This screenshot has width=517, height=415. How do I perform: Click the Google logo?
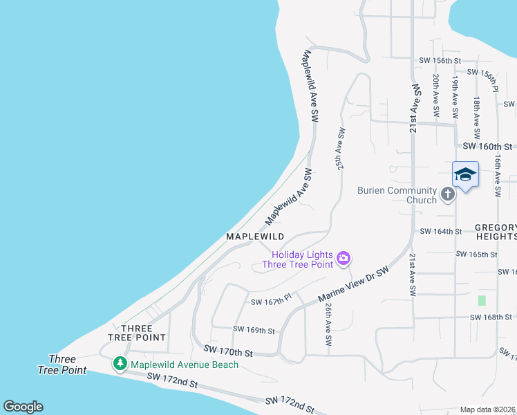click(x=23, y=407)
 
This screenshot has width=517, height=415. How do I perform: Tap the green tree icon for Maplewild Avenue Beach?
click(x=120, y=363)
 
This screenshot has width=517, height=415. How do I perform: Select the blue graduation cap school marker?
click(x=465, y=175)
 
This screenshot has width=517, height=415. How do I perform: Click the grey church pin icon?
click(x=448, y=194)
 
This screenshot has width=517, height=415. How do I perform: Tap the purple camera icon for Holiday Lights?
click(x=344, y=259)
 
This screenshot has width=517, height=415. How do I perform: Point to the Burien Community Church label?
click(x=397, y=195)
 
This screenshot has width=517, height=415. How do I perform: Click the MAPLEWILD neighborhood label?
click(x=255, y=237)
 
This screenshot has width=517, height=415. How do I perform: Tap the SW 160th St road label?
click(x=487, y=147)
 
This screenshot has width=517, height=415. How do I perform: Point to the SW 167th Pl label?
click(x=271, y=302)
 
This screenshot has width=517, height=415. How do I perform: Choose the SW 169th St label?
click(x=254, y=331)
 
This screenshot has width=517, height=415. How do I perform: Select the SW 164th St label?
click(x=440, y=231)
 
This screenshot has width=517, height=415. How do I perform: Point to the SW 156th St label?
click(x=440, y=61)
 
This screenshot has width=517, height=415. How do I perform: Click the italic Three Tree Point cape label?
click(x=62, y=365)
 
